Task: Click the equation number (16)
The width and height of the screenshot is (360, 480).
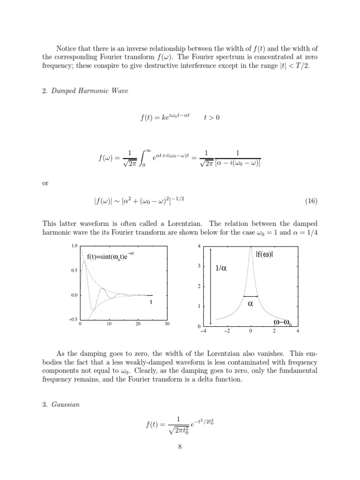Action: tap(311, 201)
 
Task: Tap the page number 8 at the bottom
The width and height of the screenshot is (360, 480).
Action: tap(180, 446)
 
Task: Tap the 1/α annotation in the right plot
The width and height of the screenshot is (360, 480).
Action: tap(221, 269)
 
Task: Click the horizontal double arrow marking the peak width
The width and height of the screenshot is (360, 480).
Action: tap(251, 296)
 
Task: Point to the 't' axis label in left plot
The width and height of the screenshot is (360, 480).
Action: tap(151, 302)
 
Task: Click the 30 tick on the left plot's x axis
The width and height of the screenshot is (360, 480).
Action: tap(167, 324)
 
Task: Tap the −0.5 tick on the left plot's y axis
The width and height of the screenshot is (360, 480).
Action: tap(73, 320)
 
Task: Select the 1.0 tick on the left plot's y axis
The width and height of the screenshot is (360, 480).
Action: tap(74, 246)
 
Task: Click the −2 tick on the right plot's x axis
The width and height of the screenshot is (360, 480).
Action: tap(227, 331)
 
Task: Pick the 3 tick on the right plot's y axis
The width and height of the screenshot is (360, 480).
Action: tap(199, 266)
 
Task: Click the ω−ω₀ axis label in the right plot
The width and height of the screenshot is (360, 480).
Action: tap(282, 322)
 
